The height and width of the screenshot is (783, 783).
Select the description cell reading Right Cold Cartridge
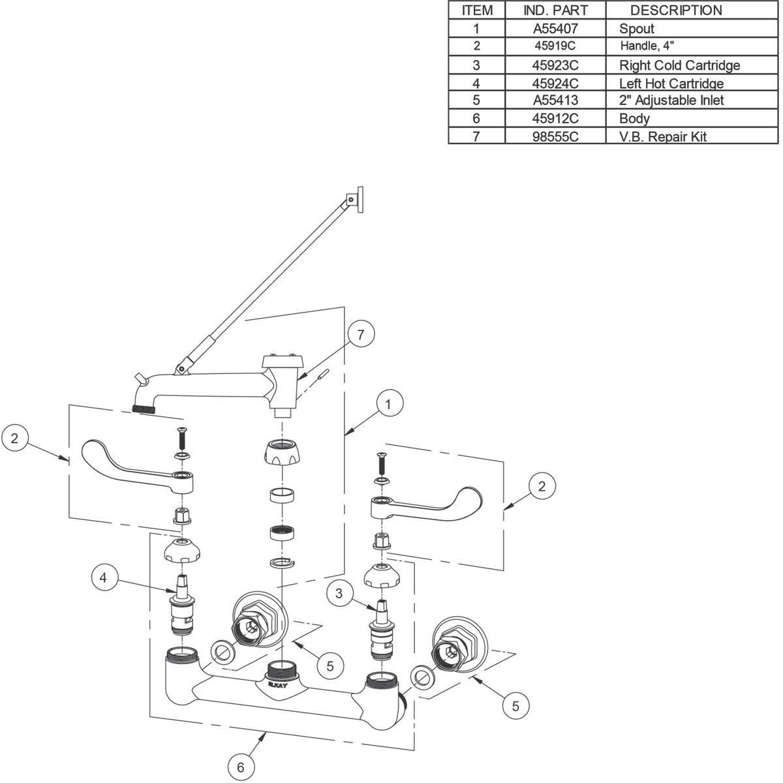click(x=679, y=65)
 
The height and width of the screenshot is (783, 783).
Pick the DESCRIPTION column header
click(x=675, y=10)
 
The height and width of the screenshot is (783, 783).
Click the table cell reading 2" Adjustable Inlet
click(x=671, y=100)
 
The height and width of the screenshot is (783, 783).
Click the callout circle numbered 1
click(x=388, y=405)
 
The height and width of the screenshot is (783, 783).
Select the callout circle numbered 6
click(x=241, y=767)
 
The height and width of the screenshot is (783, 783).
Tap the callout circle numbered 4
click(x=103, y=577)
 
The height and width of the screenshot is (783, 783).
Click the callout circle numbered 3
click(x=339, y=593)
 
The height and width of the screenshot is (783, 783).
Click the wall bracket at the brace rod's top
click(x=356, y=198)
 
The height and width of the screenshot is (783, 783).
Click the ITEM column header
click(x=477, y=10)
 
